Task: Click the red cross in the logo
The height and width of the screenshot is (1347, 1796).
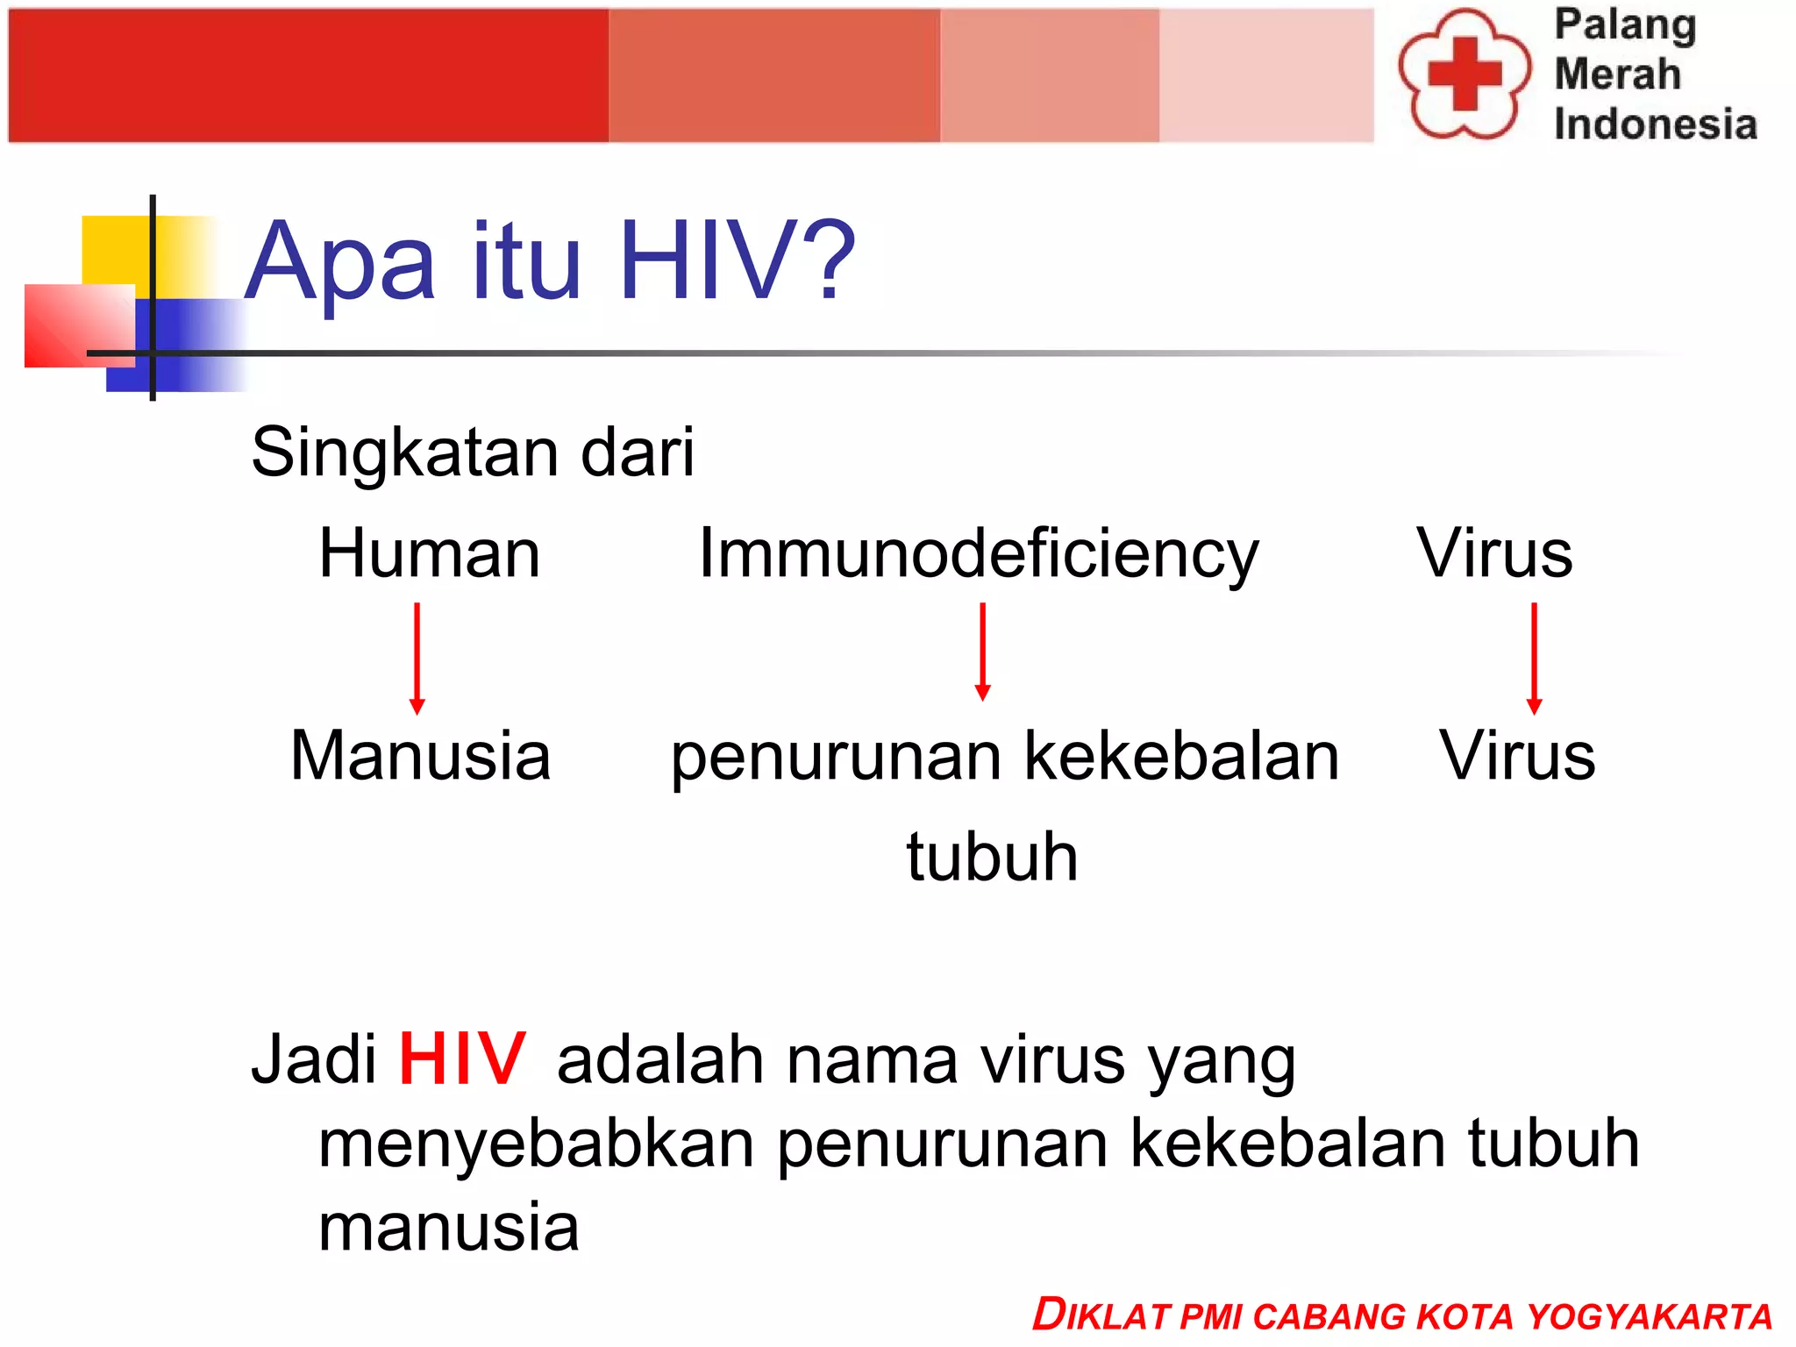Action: [1464, 74]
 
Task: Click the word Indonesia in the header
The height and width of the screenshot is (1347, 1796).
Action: [1655, 124]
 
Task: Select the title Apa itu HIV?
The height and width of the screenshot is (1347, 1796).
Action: [550, 260]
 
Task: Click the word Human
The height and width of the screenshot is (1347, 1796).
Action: [429, 553]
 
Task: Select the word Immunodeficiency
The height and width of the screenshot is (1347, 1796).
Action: [978, 555]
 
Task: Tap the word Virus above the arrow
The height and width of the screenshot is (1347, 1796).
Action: [1494, 553]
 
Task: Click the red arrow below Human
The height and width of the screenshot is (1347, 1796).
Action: [417, 658]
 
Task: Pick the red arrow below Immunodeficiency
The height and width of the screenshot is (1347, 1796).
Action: [982, 652]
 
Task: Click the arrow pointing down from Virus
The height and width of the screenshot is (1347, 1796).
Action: [1534, 658]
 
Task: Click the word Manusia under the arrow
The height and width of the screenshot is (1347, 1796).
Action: [420, 755]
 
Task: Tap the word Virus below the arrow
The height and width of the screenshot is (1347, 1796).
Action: [1517, 755]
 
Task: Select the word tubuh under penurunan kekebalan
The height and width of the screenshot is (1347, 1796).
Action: [992, 857]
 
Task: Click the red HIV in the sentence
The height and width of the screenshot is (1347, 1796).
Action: [462, 1059]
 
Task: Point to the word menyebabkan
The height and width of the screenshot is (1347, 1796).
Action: [535, 1144]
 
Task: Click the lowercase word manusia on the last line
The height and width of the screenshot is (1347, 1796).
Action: [448, 1227]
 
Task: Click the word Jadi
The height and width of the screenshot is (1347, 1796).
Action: [313, 1059]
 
